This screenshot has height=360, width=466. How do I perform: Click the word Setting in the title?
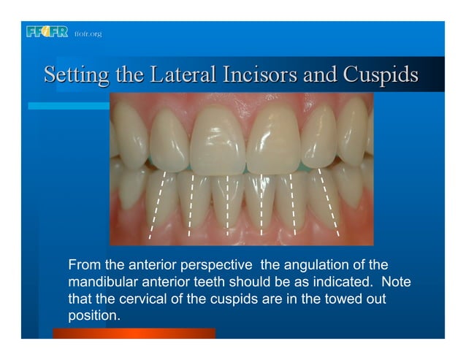click(74, 75)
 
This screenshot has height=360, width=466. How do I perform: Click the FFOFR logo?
click(47, 32)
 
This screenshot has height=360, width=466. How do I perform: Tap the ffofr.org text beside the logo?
click(88, 34)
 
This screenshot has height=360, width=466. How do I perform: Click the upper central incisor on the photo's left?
click(216, 139)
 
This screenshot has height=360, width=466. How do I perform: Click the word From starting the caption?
click(83, 264)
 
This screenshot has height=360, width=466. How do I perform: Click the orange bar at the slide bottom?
click(134, 333)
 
